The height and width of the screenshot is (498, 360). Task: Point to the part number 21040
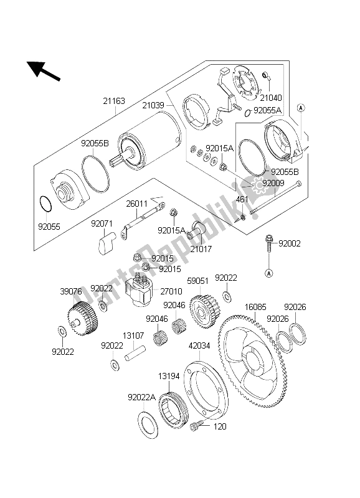click(x=271, y=98)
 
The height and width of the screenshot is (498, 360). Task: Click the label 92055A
click(x=268, y=110)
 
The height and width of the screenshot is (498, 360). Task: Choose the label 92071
click(x=102, y=223)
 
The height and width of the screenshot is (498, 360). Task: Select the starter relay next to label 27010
click(x=140, y=291)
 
